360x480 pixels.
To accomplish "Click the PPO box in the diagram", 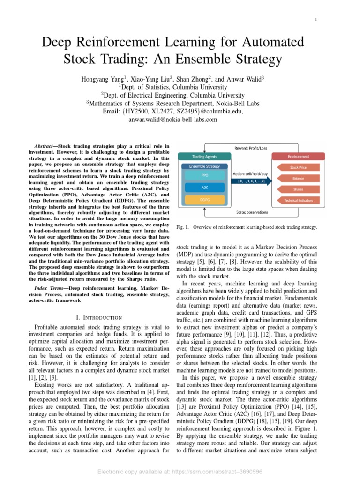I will (x=205, y=175).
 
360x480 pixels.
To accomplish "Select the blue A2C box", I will (x=205, y=187).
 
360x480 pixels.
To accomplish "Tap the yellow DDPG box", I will (x=205, y=200).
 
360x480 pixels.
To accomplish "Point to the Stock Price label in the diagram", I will (x=298, y=167).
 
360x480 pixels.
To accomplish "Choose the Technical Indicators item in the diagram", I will (x=298, y=200).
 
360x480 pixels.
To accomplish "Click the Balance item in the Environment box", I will (x=298, y=178).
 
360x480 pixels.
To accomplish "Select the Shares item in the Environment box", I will (x=298, y=189).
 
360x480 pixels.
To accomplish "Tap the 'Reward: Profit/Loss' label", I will (x=251, y=149).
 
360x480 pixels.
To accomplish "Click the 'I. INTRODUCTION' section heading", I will (x=99, y=317).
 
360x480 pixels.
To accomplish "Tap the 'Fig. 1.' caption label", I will (x=182, y=227).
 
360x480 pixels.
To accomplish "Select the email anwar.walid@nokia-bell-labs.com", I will (x=173, y=120).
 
